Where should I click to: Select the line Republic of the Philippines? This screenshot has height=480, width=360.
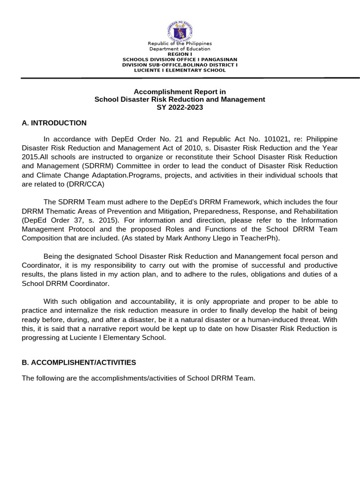(x=180, y=44)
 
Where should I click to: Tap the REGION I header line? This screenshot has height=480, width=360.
(x=180, y=54)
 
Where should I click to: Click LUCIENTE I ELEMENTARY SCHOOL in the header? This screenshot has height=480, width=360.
(x=180, y=70)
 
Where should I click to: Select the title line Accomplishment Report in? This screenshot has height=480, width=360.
(x=180, y=92)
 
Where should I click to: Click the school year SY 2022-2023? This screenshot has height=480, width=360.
(x=180, y=107)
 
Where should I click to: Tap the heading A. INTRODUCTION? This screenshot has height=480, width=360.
(x=54, y=123)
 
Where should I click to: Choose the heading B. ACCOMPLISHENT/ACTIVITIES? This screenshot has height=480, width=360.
(x=79, y=362)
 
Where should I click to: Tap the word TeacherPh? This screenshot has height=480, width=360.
(x=262, y=238)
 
